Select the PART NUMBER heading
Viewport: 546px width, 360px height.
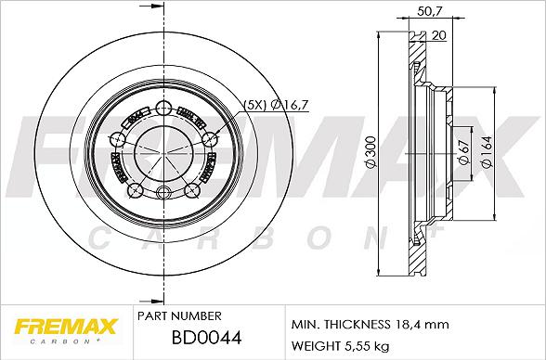click(178, 316)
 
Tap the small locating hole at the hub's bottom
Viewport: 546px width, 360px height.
click(163, 193)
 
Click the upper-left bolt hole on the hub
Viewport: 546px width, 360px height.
click(120, 139)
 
